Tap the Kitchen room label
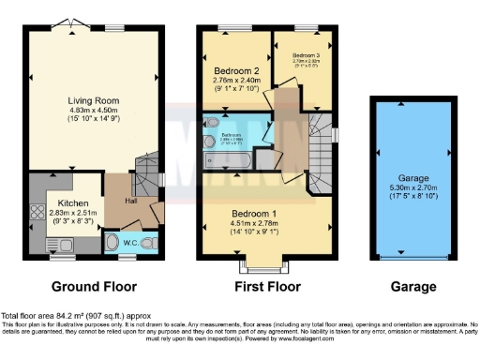(x=72, y=202)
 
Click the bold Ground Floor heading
(x=94, y=287)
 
